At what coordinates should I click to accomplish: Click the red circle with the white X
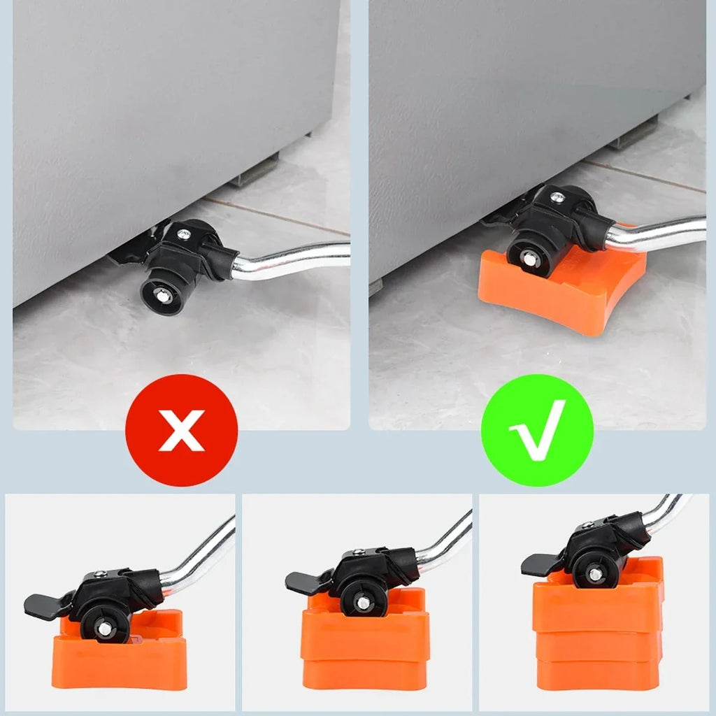pyautogui.click(x=181, y=430)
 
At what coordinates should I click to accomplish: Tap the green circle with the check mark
pyautogui.click(x=537, y=430)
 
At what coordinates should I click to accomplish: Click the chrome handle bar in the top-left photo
pyautogui.click(x=294, y=259)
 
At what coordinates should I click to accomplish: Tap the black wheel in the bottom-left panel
pyautogui.click(x=104, y=626)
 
